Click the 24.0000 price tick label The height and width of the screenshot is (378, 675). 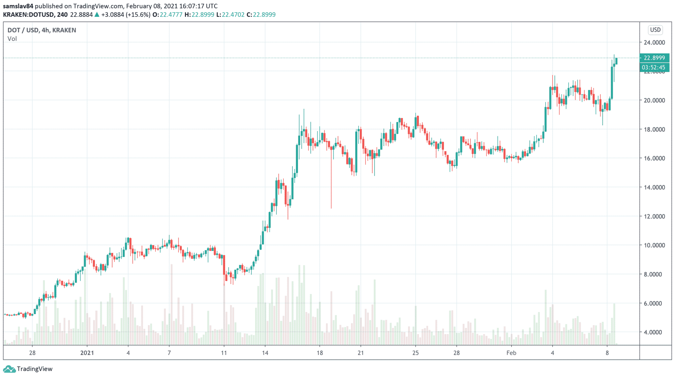[x=654, y=43]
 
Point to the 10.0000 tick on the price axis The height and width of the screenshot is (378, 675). [x=654, y=245]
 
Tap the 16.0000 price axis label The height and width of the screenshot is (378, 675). [x=654, y=158]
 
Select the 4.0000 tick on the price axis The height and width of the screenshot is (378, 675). [x=654, y=332]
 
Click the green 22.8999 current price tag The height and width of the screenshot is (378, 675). [x=654, y=58]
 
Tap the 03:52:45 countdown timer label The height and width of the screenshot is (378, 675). [x=654, y=68]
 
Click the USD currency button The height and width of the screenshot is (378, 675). [x=655, y=30]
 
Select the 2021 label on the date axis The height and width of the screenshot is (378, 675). [x=87, y=353]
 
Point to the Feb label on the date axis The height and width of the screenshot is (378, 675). [x=511, y=353]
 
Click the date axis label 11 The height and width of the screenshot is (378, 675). [x=224, y=353]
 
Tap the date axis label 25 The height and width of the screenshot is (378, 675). [x=415, y=353]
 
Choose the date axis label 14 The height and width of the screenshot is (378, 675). [x=265, y=353]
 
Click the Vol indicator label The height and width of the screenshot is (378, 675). [x=12, y=39]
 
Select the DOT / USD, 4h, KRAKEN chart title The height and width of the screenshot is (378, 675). [x=42, y=30]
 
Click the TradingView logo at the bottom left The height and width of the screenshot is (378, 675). [x=28, y=369]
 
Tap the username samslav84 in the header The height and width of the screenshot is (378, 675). [x=18, y=6]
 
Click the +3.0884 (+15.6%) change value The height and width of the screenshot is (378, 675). [x=126, y=15]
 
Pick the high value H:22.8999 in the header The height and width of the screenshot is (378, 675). [x=199, y=15]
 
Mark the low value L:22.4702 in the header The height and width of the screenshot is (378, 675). [x=230, y=15]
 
